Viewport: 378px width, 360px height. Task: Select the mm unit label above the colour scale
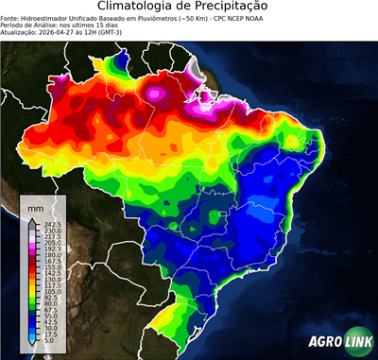35,205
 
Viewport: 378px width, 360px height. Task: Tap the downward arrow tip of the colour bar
31,347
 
